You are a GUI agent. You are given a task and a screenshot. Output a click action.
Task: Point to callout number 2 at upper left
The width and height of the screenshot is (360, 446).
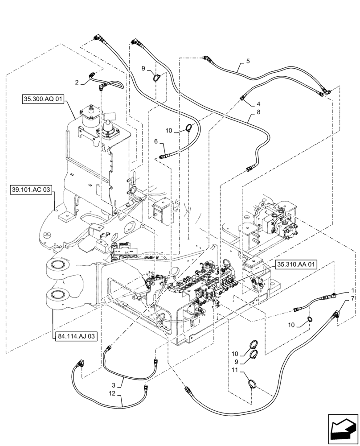click(77, 83)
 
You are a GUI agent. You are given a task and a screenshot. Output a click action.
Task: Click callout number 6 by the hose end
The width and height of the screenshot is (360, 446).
click(156, 141)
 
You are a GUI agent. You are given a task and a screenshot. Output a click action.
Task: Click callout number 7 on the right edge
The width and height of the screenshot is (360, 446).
click(353, 297)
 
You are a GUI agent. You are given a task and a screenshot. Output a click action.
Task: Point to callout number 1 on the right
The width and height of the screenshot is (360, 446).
click(353, 290)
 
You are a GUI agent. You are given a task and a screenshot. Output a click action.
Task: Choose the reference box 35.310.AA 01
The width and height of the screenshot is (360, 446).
click(296, 264)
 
